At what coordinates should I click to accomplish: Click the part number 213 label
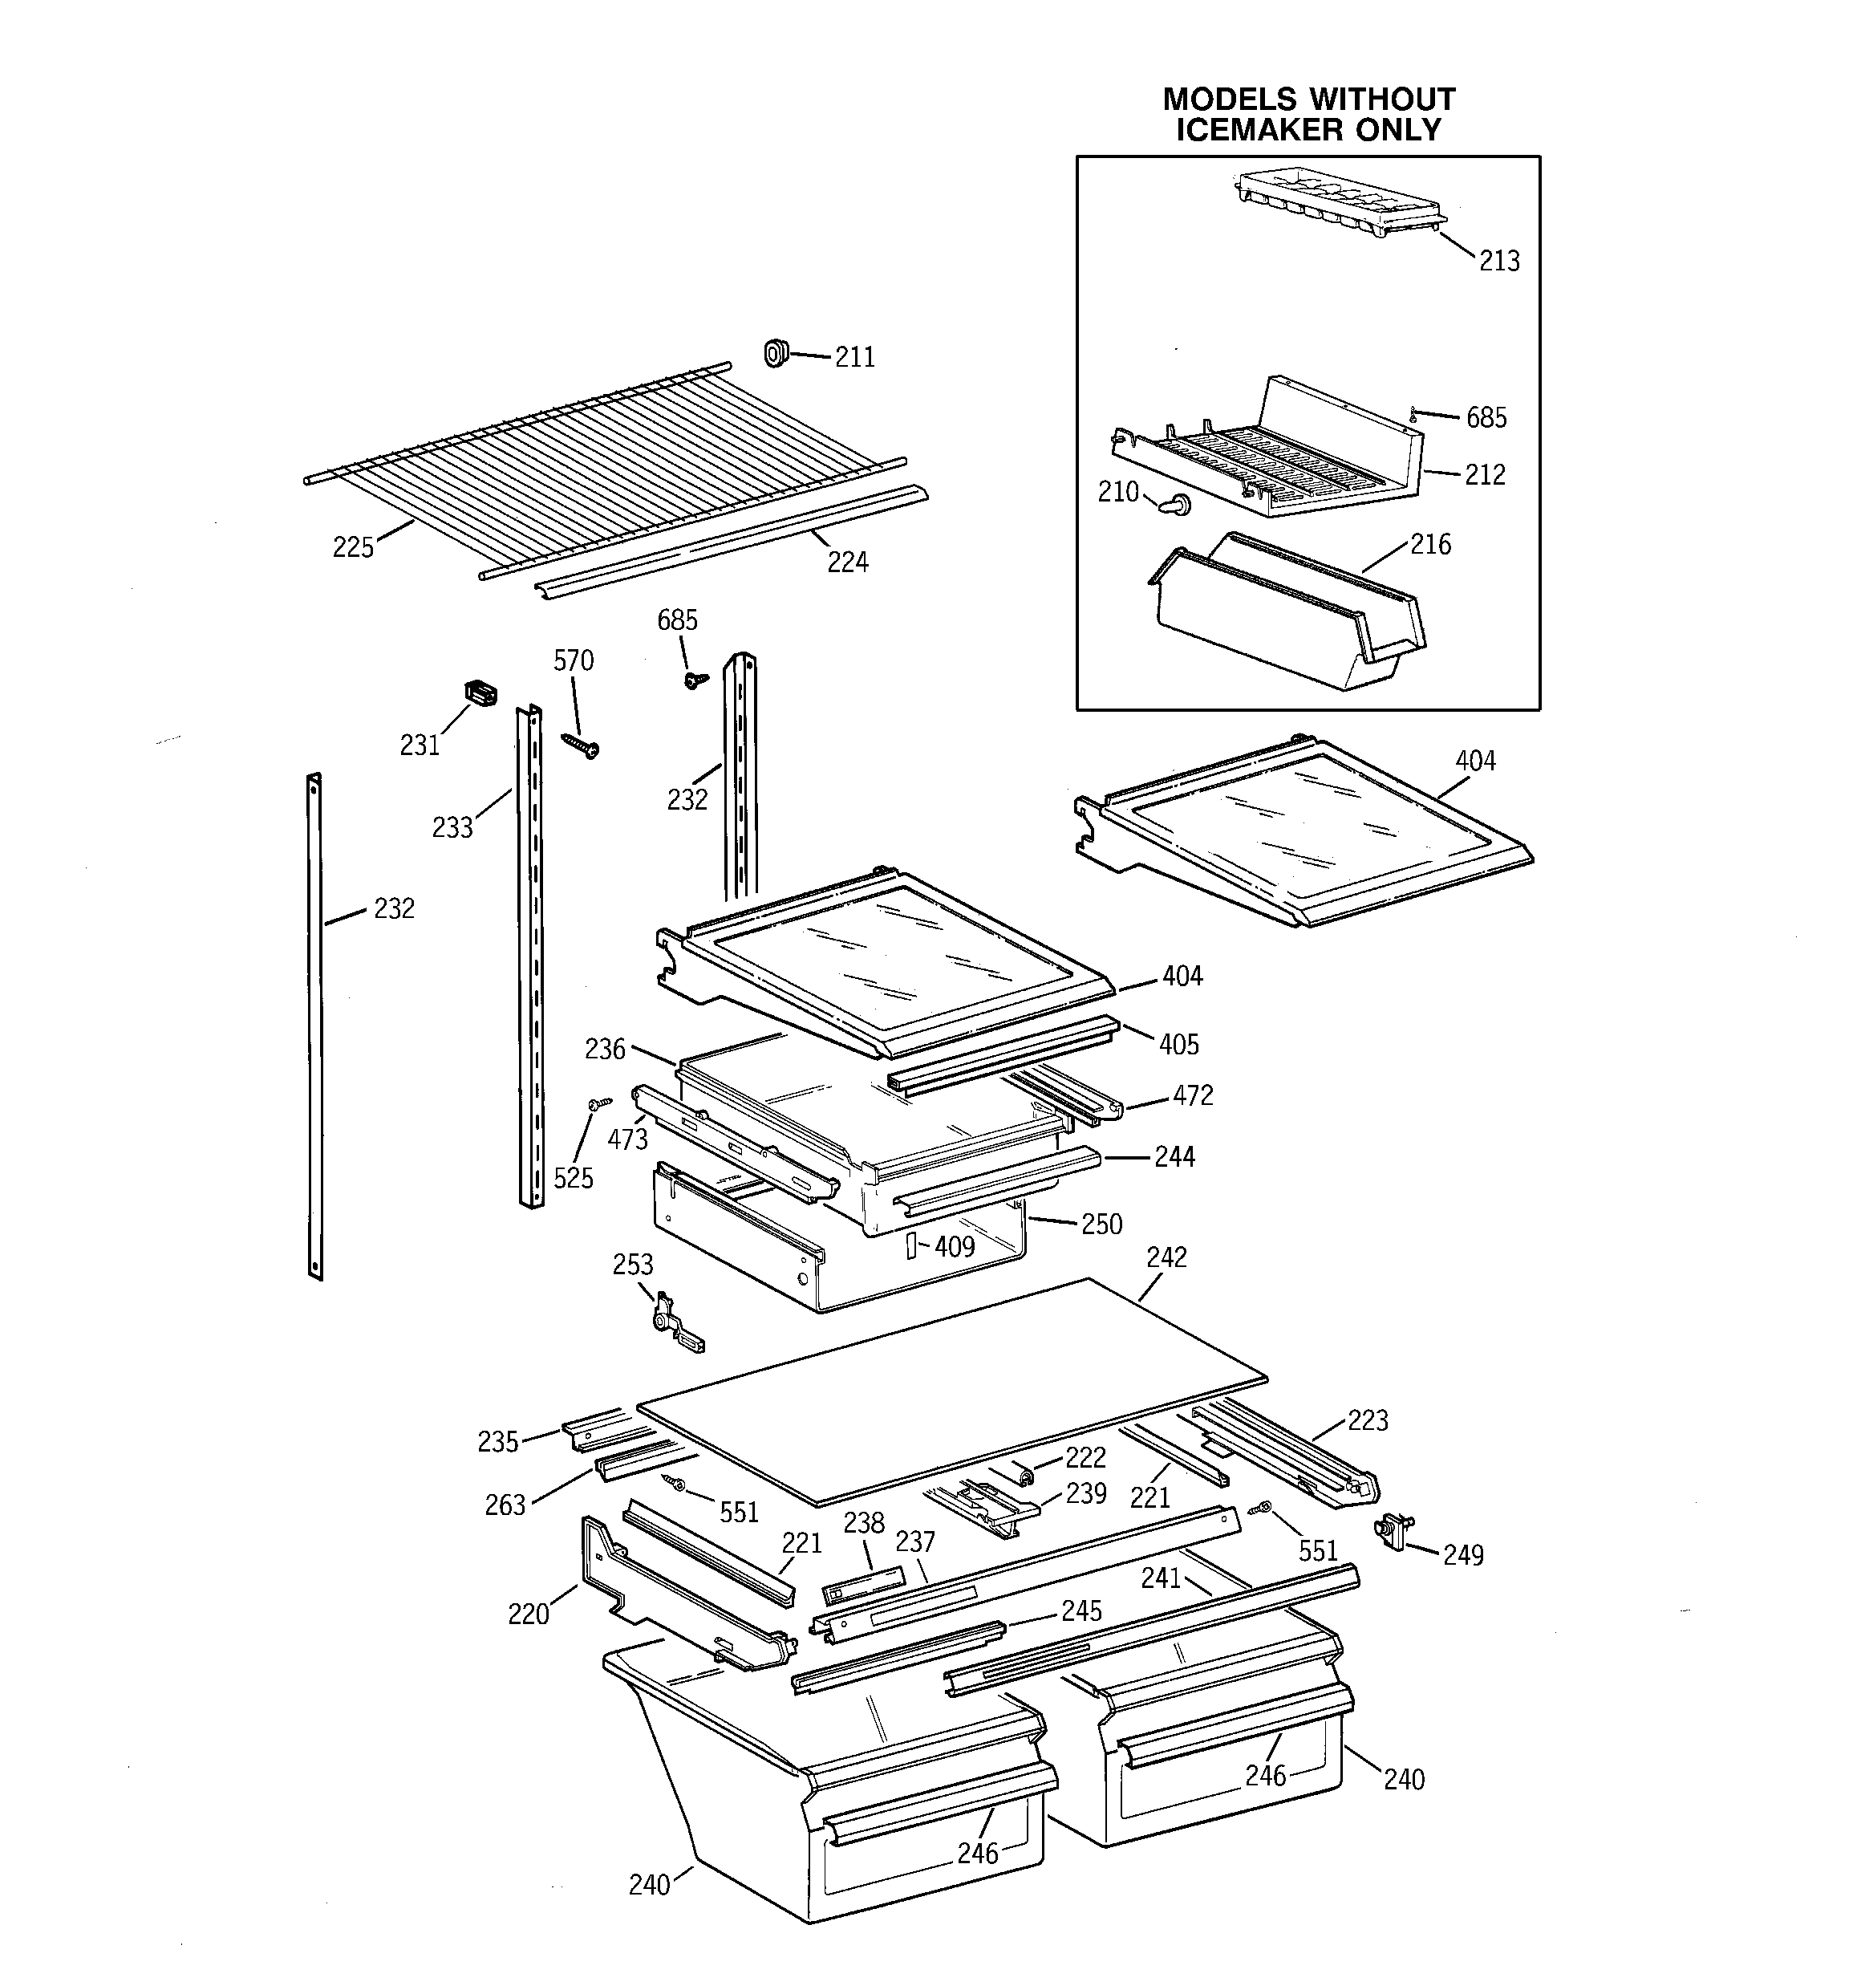coord(1498,261)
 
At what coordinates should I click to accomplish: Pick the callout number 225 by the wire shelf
coord(353,546)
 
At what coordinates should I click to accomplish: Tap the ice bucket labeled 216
coord(1288,619)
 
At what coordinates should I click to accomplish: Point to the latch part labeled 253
coord(675,1318)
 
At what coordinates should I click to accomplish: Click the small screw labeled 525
coord(599,1103)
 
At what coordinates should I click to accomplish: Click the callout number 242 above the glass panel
coord(1166,1257)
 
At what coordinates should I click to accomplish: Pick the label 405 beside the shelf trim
coord(1178,1044)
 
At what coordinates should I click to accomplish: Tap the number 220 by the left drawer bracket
coord(529,1614)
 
